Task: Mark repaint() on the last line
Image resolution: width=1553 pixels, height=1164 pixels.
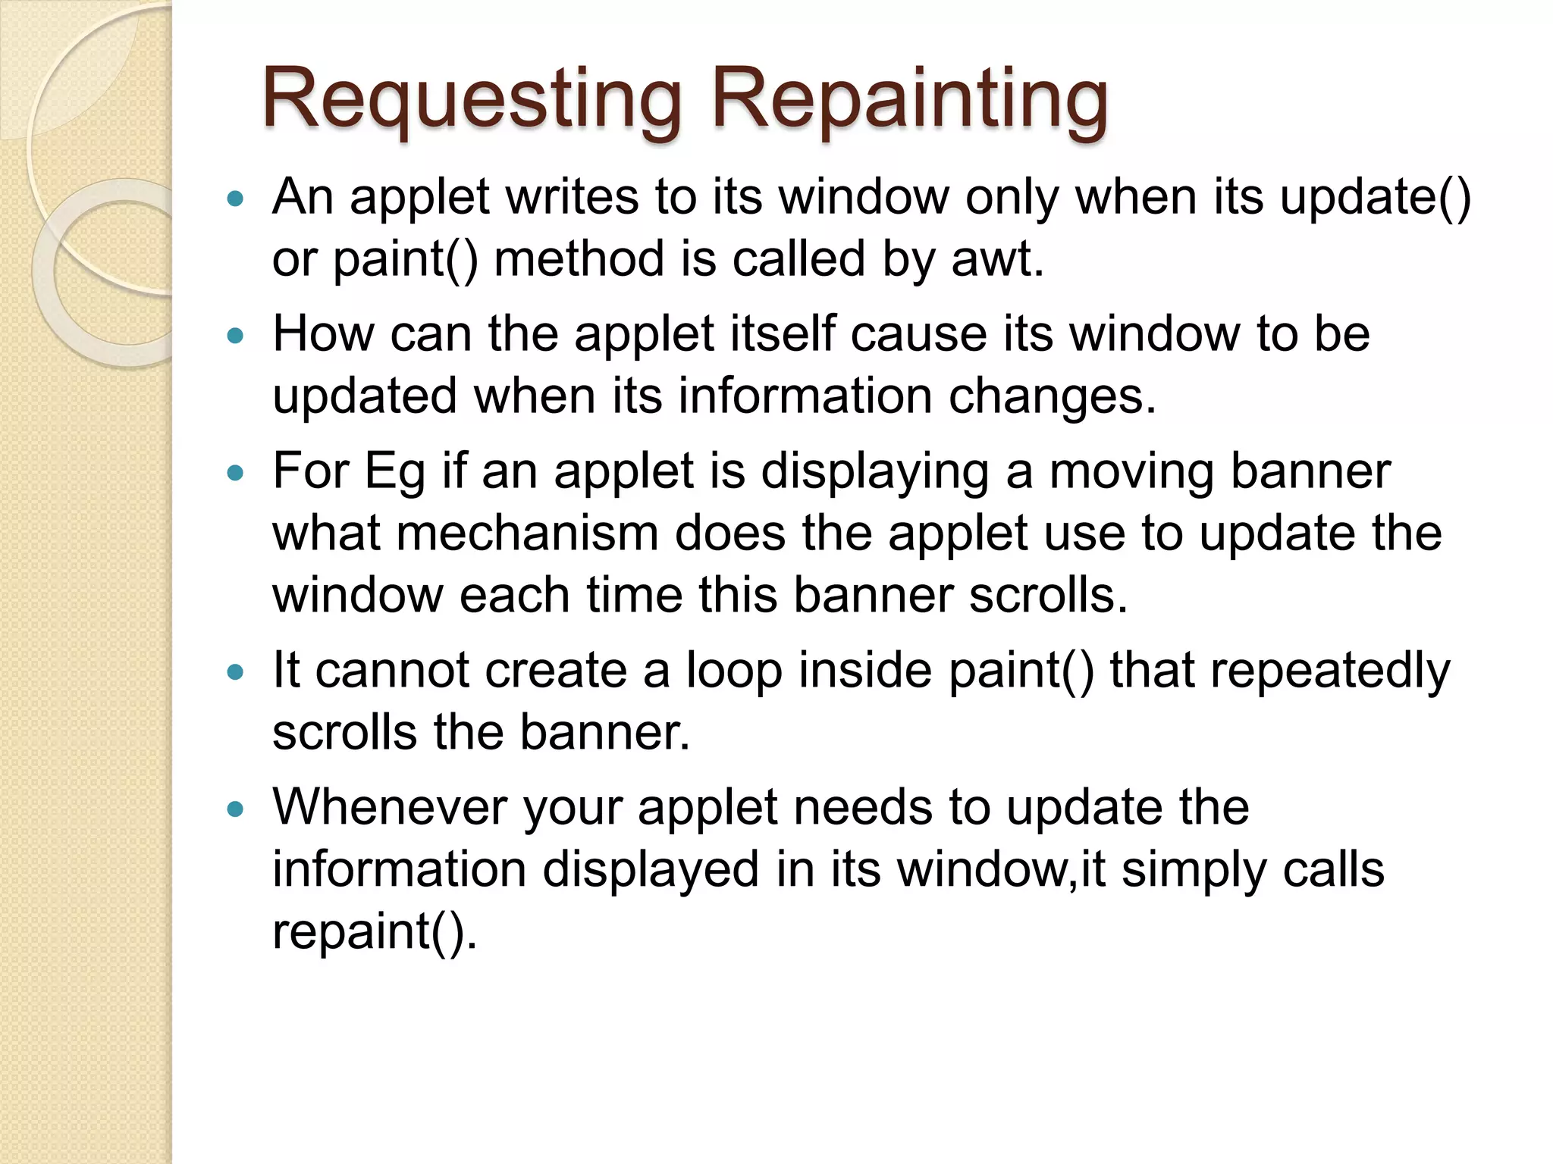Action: (x=375, y=931)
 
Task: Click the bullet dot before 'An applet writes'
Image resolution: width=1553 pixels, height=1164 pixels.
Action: (x=237, y=199)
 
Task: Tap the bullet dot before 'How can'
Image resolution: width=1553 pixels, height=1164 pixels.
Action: (x=237, y=336)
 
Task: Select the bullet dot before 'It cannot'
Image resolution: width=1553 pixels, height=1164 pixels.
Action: (x=237, y=672)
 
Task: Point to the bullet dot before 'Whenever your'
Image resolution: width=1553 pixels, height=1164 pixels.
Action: (x=237, y=809)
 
